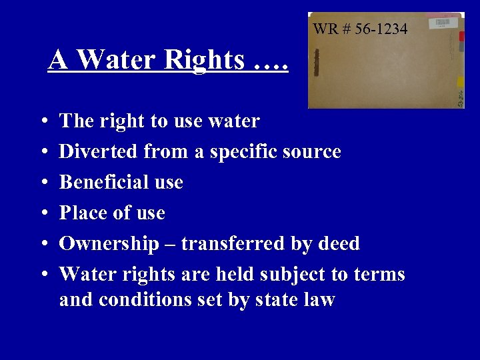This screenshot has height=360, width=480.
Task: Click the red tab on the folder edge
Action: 462,37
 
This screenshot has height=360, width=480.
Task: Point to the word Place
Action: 83,213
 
